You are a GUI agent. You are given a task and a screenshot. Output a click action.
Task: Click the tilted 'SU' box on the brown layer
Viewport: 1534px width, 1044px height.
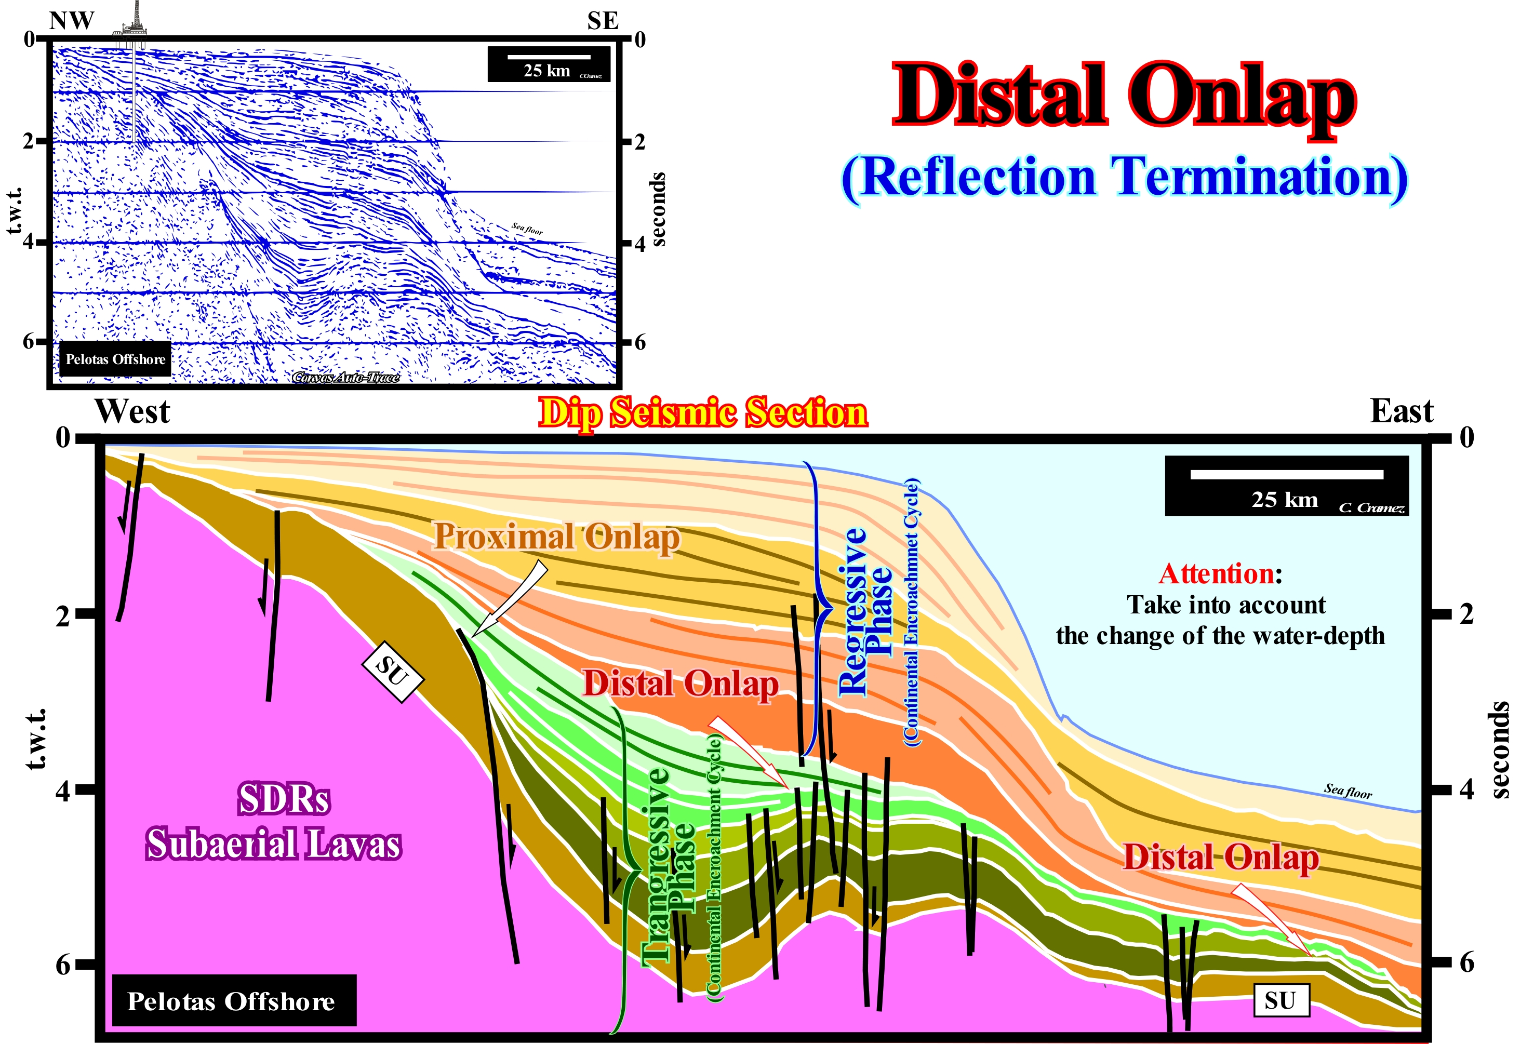(x=393, y=671)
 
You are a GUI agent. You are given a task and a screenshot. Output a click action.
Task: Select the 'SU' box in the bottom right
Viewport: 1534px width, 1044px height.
(x=1280, y=1000)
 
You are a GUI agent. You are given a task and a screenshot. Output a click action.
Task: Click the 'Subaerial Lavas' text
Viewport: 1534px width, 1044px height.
(x=273, y=845)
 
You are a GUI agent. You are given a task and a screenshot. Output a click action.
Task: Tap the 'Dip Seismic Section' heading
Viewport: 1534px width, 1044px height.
(x=703, y=413)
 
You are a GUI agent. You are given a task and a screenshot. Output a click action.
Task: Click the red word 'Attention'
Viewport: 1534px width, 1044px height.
(x=1217, y=573)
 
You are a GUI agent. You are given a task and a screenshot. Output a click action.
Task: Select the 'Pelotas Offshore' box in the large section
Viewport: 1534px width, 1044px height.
(x=234, y=1000)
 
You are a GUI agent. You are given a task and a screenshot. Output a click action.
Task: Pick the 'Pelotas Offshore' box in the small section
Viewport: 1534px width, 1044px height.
(x=115, y=359)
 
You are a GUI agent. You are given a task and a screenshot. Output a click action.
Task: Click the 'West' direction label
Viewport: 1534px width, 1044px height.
(x=132, y=411)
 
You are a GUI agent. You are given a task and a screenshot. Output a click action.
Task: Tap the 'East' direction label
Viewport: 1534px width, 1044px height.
(x=1402, y=411)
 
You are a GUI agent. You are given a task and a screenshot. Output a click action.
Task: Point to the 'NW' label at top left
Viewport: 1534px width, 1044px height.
(x=72, y=21)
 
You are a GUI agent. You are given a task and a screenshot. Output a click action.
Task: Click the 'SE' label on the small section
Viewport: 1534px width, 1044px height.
(x=603, y=21)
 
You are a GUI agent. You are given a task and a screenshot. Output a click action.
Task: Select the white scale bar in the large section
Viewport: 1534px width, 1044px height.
(x=1287, y=475)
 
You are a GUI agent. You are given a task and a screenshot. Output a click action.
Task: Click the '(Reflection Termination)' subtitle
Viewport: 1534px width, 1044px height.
(x=1125, y=178)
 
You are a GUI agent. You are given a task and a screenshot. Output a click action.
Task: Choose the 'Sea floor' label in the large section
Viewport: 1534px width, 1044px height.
(x=1348, y=791)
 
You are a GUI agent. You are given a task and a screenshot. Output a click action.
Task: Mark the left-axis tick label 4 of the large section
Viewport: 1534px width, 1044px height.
(x=63, y=790)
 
